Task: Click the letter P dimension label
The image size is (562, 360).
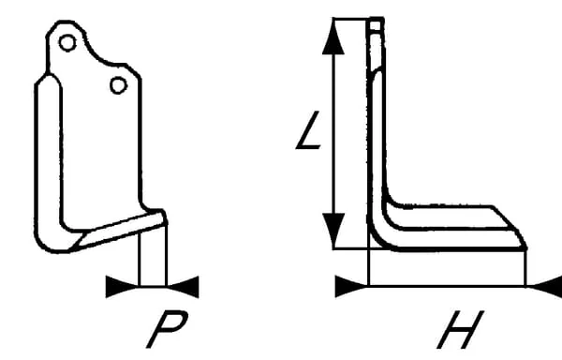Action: [167, 329]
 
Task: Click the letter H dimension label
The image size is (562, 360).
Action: [461, 329]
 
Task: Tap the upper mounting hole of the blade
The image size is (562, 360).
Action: [67, 43]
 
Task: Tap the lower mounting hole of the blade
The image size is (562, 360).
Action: [118, 85]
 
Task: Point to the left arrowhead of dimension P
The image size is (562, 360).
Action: [122, 287]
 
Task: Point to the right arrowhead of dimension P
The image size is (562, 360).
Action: [183, 287]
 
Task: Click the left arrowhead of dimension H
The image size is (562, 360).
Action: [351, 287]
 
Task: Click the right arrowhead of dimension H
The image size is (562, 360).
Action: [545, 287]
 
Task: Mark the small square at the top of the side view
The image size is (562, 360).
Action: [376, 25]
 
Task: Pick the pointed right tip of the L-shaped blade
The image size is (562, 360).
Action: [525, 247]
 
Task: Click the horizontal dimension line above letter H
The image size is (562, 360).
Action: [448, 287]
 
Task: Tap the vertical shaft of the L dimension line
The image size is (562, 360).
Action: [333, 133]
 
